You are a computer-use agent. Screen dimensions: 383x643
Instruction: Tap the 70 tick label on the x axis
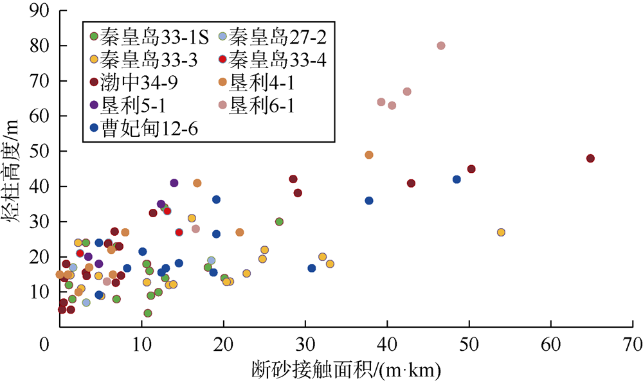click(633, 345)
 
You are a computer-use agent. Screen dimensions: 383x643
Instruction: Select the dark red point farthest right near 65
click(590, 159)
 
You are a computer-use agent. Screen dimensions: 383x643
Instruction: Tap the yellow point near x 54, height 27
click(501, 232)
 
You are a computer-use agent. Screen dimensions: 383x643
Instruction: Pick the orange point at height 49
click(369, 155)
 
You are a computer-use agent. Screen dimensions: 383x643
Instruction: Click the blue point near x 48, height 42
click(457, 179)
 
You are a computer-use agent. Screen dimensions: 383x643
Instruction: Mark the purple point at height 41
click(174, 183)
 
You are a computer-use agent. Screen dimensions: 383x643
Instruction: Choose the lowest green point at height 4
click(148, 313)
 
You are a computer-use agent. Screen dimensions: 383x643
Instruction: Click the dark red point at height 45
click(471, 169)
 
